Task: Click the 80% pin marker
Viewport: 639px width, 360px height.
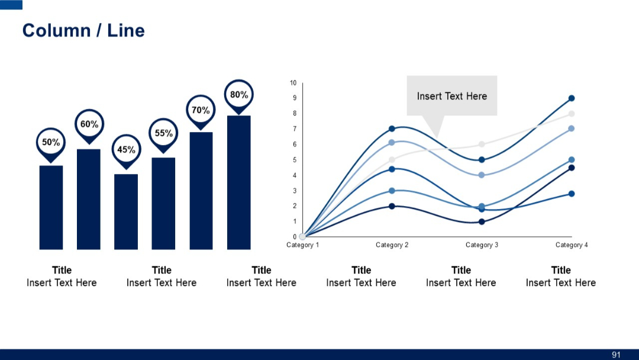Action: (x=239, y=95)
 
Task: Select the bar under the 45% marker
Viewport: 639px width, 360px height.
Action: (x=126, y=211)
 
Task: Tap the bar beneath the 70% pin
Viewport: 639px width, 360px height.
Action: (x=201, y=190)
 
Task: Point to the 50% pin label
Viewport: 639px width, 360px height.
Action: (x=51, y=143)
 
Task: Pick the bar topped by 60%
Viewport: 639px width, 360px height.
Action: (x=89, y=199)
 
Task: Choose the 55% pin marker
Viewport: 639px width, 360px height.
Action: (x=164, y=134)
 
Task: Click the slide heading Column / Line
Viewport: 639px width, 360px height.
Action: (x=83, y=31)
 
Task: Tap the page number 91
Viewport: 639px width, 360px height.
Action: (x=616, y=355)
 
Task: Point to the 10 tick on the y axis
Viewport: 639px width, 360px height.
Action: (x=293, y=83)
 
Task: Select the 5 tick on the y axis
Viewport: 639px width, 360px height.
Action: (x=294, y=160)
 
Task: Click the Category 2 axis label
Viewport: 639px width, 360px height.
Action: (x=392, y=245)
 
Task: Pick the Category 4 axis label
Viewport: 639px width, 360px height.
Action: (x=572, y=245)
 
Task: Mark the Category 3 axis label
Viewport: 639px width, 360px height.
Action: (x=482, y=245)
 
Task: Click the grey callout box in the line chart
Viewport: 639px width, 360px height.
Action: (x=452, y=95)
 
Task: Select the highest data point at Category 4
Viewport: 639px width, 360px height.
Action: (x=572, y=98)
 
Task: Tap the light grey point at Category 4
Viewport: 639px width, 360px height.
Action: (x=572, y=114)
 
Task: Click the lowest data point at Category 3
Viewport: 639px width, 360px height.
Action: (x=482, y=222)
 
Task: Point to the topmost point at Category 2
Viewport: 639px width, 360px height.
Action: (x=392, y=128)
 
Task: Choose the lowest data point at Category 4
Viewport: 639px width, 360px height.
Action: (x=572, y=194)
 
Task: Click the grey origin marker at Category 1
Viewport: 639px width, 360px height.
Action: (x=302, y=237)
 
